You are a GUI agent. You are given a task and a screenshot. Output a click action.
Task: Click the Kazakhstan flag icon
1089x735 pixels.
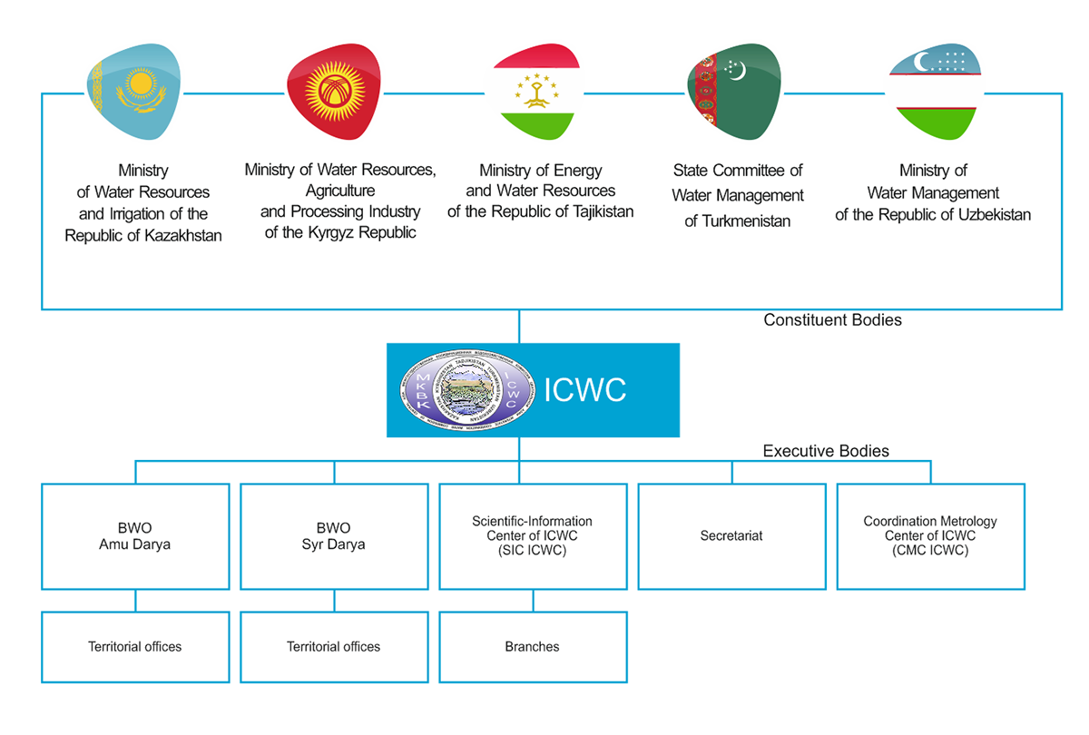134,91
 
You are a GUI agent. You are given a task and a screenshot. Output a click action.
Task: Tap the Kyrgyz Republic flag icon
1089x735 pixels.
332,91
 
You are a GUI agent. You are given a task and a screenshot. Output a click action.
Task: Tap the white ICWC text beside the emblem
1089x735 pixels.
584,390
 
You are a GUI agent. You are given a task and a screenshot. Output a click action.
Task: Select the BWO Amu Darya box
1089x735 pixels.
135,536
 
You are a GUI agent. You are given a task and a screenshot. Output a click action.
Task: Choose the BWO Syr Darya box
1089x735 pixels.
334,536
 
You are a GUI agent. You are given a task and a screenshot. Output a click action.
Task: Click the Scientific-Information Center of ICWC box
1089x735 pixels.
533,536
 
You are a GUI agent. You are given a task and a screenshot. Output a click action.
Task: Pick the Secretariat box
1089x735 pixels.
731,536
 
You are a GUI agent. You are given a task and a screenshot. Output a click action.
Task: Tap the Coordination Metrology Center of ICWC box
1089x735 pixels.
930,536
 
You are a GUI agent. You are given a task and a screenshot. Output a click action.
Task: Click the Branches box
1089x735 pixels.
533,647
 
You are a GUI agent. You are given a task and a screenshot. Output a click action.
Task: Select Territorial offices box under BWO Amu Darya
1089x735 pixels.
135,647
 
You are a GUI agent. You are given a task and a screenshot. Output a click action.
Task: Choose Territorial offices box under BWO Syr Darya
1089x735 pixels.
334,647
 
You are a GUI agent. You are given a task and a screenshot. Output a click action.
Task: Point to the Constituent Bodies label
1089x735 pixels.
832,319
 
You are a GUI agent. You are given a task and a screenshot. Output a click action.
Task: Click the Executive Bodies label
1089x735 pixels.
826,451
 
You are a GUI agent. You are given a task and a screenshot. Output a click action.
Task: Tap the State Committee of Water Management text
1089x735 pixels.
738,195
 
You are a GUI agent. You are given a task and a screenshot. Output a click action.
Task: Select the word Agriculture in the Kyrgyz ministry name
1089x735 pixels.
340,191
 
